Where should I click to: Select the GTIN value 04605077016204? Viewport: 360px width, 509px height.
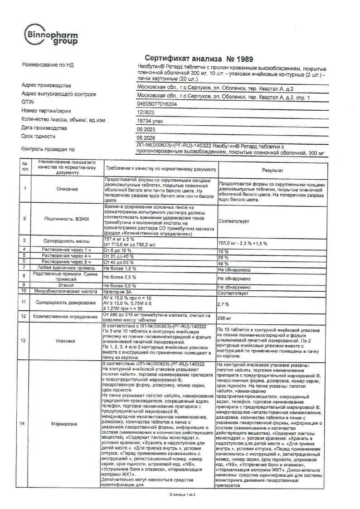click(x=157, y=104)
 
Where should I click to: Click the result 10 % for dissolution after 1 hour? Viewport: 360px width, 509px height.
click(x=224, y=252)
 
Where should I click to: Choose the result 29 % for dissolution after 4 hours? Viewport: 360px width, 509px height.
click(x=224, y=257)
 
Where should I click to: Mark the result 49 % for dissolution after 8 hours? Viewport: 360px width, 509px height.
click(x=224, y=263)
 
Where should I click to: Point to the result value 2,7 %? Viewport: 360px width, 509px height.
click(x=224, y=304)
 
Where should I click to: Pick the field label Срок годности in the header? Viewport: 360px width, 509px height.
click(x=39, y=136)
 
